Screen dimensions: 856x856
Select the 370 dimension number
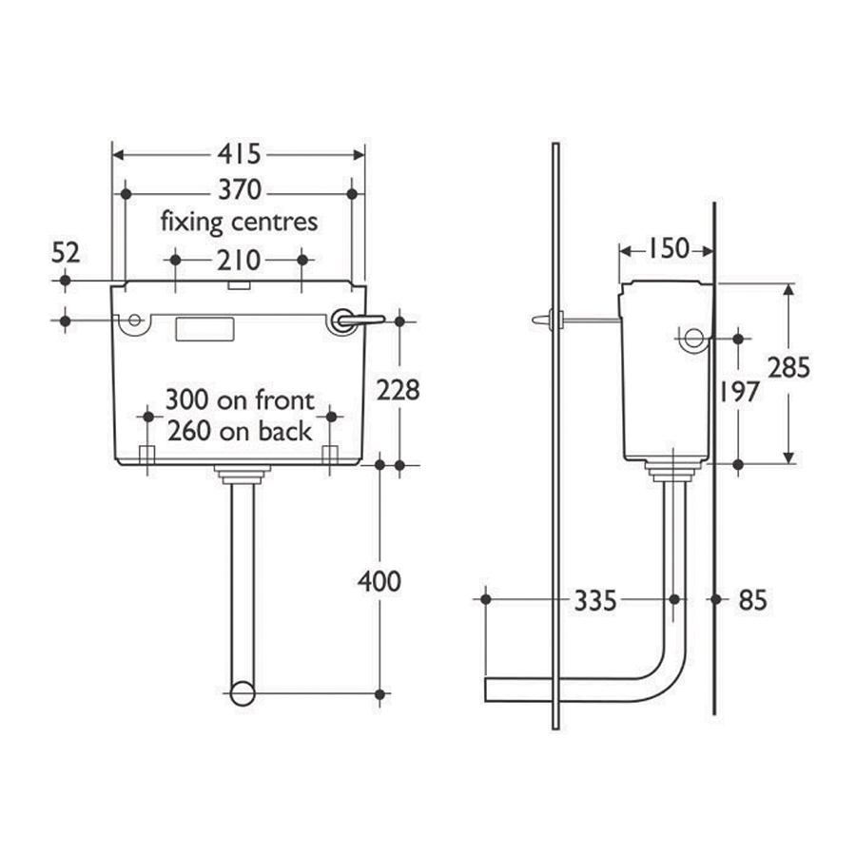(239, 191)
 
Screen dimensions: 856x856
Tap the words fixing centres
(238, 223)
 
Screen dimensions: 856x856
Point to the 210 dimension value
(238, 260)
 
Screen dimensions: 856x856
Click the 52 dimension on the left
(65, 253)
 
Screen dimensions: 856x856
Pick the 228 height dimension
(399, 390)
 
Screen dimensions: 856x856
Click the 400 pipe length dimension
(379, 580)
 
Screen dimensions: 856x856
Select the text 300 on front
(239, 399)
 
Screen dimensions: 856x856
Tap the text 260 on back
(239, 431)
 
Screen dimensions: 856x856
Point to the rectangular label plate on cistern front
(204, 329)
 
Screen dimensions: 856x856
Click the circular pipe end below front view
(243, 692)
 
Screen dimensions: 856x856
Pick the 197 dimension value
(739, 391)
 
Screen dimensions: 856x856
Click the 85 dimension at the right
(751, 600)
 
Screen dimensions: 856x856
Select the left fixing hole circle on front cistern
(133, 320)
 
